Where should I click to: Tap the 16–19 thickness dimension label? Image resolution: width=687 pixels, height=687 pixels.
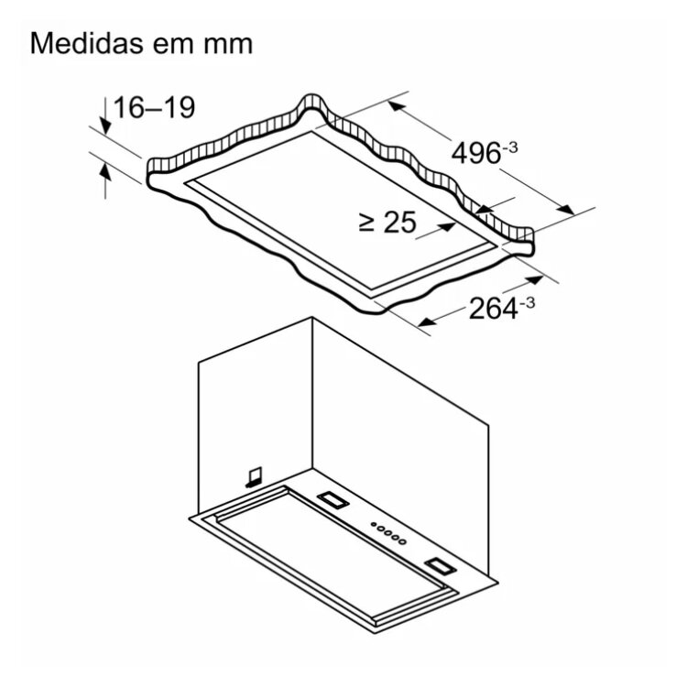(154, 108)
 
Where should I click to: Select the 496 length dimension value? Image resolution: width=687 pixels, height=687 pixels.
(475, 154)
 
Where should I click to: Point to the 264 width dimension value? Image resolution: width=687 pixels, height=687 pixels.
(494, 309)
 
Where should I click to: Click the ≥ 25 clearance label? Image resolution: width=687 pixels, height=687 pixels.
(387, 223)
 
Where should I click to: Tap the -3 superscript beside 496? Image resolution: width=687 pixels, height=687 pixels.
(509, 147)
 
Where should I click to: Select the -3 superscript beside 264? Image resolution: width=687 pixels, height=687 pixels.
(527, 303)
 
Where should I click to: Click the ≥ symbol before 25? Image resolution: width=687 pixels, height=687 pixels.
(366, 223)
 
